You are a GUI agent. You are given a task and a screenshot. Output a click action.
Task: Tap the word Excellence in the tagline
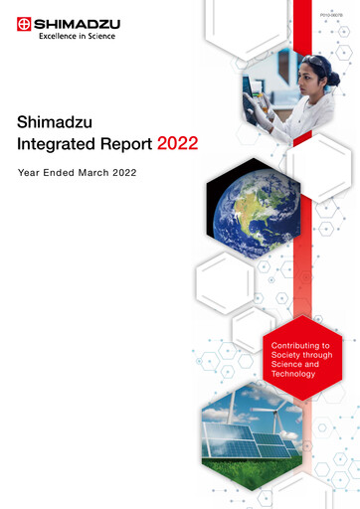(59, 36)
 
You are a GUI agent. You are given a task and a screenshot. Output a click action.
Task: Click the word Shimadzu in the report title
(53, 121)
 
